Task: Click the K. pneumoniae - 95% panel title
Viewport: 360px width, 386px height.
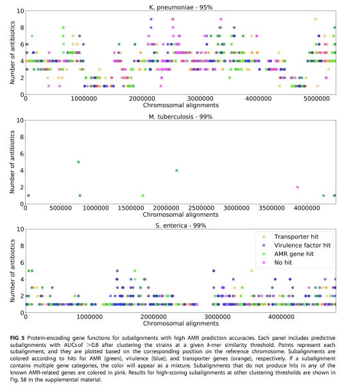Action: pos(180,7)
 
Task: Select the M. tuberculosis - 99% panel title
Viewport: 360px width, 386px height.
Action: pos(180,117)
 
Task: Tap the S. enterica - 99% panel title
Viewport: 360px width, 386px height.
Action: pos(180,226)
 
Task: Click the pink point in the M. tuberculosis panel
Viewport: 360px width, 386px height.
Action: pos(297,187)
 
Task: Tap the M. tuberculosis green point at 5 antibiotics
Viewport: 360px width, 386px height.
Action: pos(78,162)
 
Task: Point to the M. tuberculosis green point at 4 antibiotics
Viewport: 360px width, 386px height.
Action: pos(176,171)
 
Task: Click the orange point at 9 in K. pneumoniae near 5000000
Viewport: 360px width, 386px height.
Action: pos(315,19)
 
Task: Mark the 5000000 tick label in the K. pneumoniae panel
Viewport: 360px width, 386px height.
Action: pos(316,99)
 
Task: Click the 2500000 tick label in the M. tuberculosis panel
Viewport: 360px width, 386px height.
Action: pos(201,208)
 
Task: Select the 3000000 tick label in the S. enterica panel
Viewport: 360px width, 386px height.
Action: pos(218,317)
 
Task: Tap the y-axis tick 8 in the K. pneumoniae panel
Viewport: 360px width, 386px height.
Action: pos(22,28)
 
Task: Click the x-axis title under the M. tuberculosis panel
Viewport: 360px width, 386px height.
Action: pos(180,215)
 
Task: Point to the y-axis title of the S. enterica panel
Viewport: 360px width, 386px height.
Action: pos(12,271)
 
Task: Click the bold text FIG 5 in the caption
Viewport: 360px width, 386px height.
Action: pos(17,338)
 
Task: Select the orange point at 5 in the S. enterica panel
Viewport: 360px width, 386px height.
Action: pos(252,271)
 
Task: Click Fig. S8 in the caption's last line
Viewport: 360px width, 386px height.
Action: pos(18,380)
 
